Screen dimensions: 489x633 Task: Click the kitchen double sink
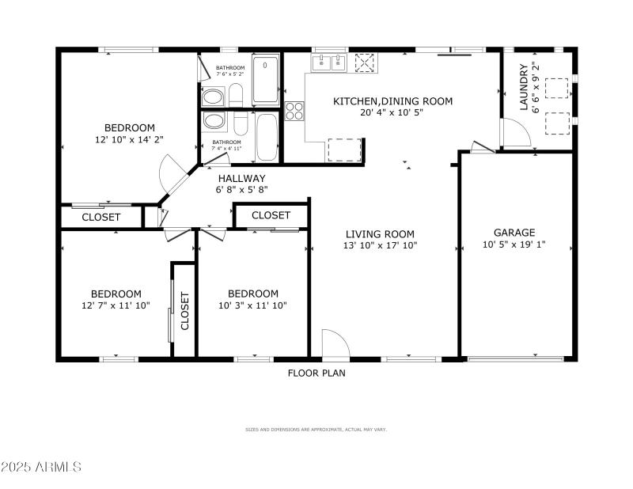[329, 63]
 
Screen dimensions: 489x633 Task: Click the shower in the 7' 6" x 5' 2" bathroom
[265, 80]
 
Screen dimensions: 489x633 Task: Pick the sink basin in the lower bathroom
[213, 121]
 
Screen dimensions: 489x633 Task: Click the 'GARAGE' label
[514, 233]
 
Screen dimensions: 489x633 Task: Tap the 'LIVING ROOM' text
[380, 234]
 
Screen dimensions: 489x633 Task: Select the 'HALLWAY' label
[242, 178]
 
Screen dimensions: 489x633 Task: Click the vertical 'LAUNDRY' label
[524, 87]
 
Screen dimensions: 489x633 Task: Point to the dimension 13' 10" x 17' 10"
[381, 246]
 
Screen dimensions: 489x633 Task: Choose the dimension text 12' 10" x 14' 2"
[130, 140]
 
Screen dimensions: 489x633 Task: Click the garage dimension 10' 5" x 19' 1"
[514, 244]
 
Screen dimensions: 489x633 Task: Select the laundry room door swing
[516, 132]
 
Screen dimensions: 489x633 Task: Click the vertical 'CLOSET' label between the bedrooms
[184, 311]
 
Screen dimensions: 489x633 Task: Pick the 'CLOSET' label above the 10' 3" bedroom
[271, 215]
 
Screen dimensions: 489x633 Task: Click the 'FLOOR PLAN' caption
[316, 373]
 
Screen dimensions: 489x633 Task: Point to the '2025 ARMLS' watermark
[41, 467]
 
